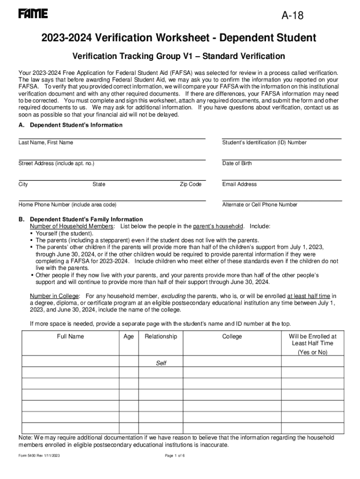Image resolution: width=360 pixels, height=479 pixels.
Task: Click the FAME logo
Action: click(33, 14)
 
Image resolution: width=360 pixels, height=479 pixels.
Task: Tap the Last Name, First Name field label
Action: click(46, 142)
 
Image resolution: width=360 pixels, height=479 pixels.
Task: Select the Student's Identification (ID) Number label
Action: click(264, 142)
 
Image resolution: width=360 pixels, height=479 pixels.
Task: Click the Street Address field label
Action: click(56, 163)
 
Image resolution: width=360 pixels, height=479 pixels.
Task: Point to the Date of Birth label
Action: click(237, 163)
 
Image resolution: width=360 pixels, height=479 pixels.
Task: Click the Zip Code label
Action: click(191, 184)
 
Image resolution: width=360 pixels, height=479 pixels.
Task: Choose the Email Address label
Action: click(239, 184)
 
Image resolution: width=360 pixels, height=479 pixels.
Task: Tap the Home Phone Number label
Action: click(67, 205)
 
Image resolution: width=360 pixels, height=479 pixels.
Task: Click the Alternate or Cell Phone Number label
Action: click(259, 205)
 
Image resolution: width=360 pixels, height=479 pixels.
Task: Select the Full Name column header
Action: click(71, 336)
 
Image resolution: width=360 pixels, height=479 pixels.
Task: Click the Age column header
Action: click(129, 336)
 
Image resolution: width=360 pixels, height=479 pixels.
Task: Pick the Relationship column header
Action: click(161, 336)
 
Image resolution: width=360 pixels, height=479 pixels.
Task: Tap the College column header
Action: click(232, 336)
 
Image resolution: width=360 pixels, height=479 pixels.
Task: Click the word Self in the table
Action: click(161, 363)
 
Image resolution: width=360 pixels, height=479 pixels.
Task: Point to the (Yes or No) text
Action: click(312, 352)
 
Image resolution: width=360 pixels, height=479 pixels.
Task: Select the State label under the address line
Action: click(99, 184)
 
